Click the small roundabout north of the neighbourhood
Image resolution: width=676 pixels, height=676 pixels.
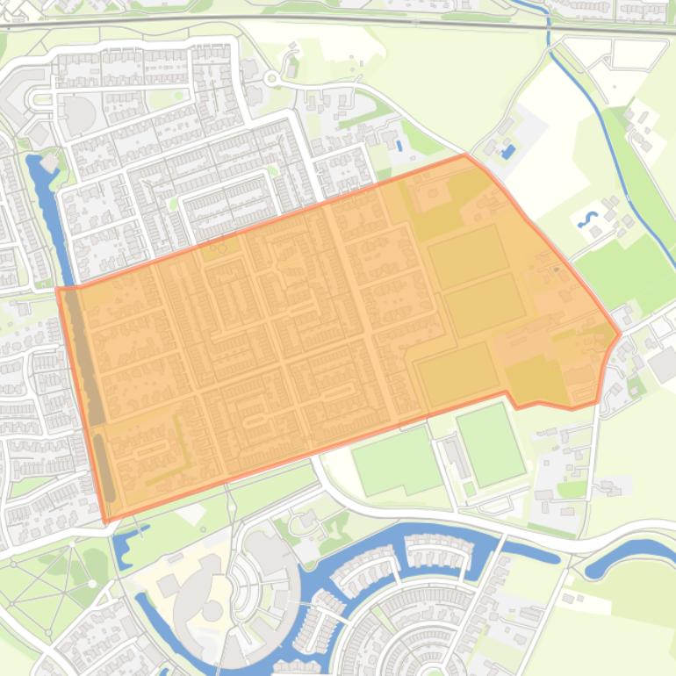click(271, 80)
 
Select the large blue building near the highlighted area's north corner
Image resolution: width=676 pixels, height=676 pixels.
click(508, 152)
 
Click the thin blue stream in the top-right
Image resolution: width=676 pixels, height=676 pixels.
click(606, 123)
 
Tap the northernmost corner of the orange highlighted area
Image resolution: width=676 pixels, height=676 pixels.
click(465, 155)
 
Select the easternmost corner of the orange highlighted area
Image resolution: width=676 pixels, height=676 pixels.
click(620, 334)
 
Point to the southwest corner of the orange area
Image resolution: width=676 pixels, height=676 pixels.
click(106, 521)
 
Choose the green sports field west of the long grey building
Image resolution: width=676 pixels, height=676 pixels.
click(397, 460)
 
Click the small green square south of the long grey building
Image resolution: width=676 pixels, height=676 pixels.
click(469, 488)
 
